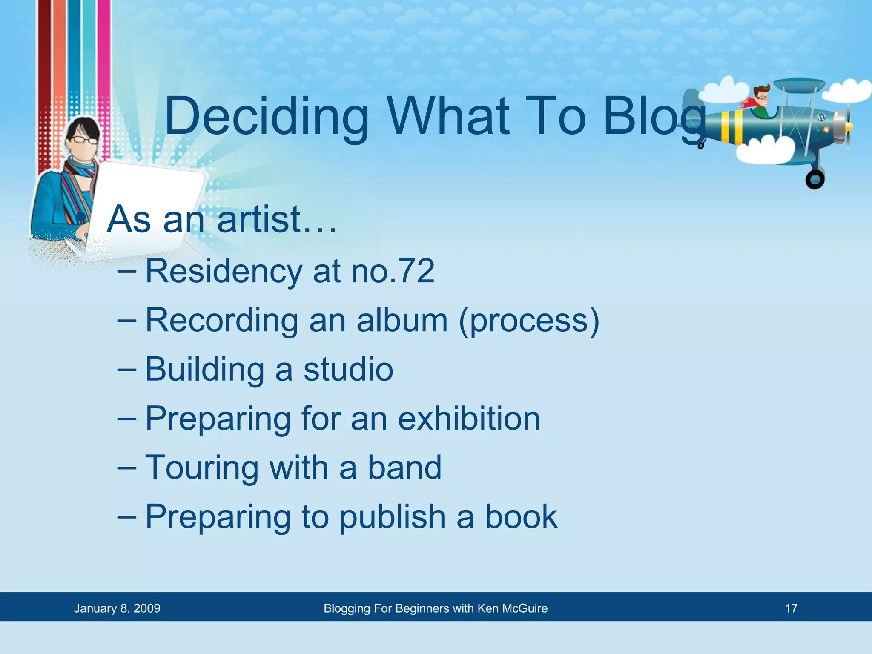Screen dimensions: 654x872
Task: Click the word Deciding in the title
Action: (x=267, y=116)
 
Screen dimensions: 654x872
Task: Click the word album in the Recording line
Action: (x=402, y=320)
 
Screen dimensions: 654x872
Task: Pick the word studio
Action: (x=348, y=369)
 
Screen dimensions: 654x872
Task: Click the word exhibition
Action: (x=469, y=419)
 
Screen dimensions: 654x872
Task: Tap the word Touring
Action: (x=202, y=468)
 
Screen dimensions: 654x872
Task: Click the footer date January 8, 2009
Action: (x=117, y=608)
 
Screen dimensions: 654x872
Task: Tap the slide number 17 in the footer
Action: (x=791, y=608)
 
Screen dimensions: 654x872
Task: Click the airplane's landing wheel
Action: (x=815, y=179)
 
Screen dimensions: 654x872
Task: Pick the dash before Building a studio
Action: (x=126, y=369)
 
